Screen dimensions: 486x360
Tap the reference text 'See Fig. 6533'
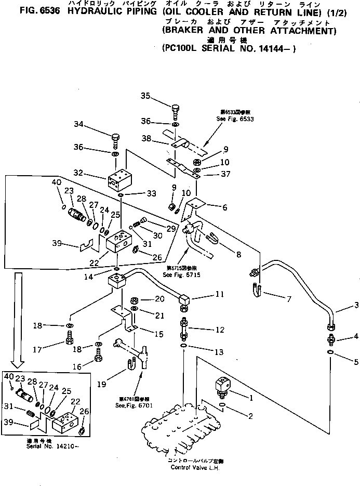pos(231,119)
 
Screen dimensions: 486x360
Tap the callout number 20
pos(158,299)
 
